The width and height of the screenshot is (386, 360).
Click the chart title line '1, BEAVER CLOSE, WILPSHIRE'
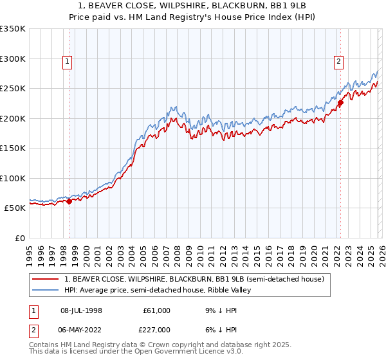[193, 5]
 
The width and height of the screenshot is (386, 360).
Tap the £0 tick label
[19, 238]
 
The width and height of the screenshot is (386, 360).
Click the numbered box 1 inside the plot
[68, 62]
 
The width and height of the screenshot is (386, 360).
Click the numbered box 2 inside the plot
[338, 62]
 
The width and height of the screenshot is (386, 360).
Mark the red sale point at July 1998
[69, 202]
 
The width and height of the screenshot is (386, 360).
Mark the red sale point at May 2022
[340, 103]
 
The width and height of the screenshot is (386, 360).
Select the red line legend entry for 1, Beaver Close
[198, 279]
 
